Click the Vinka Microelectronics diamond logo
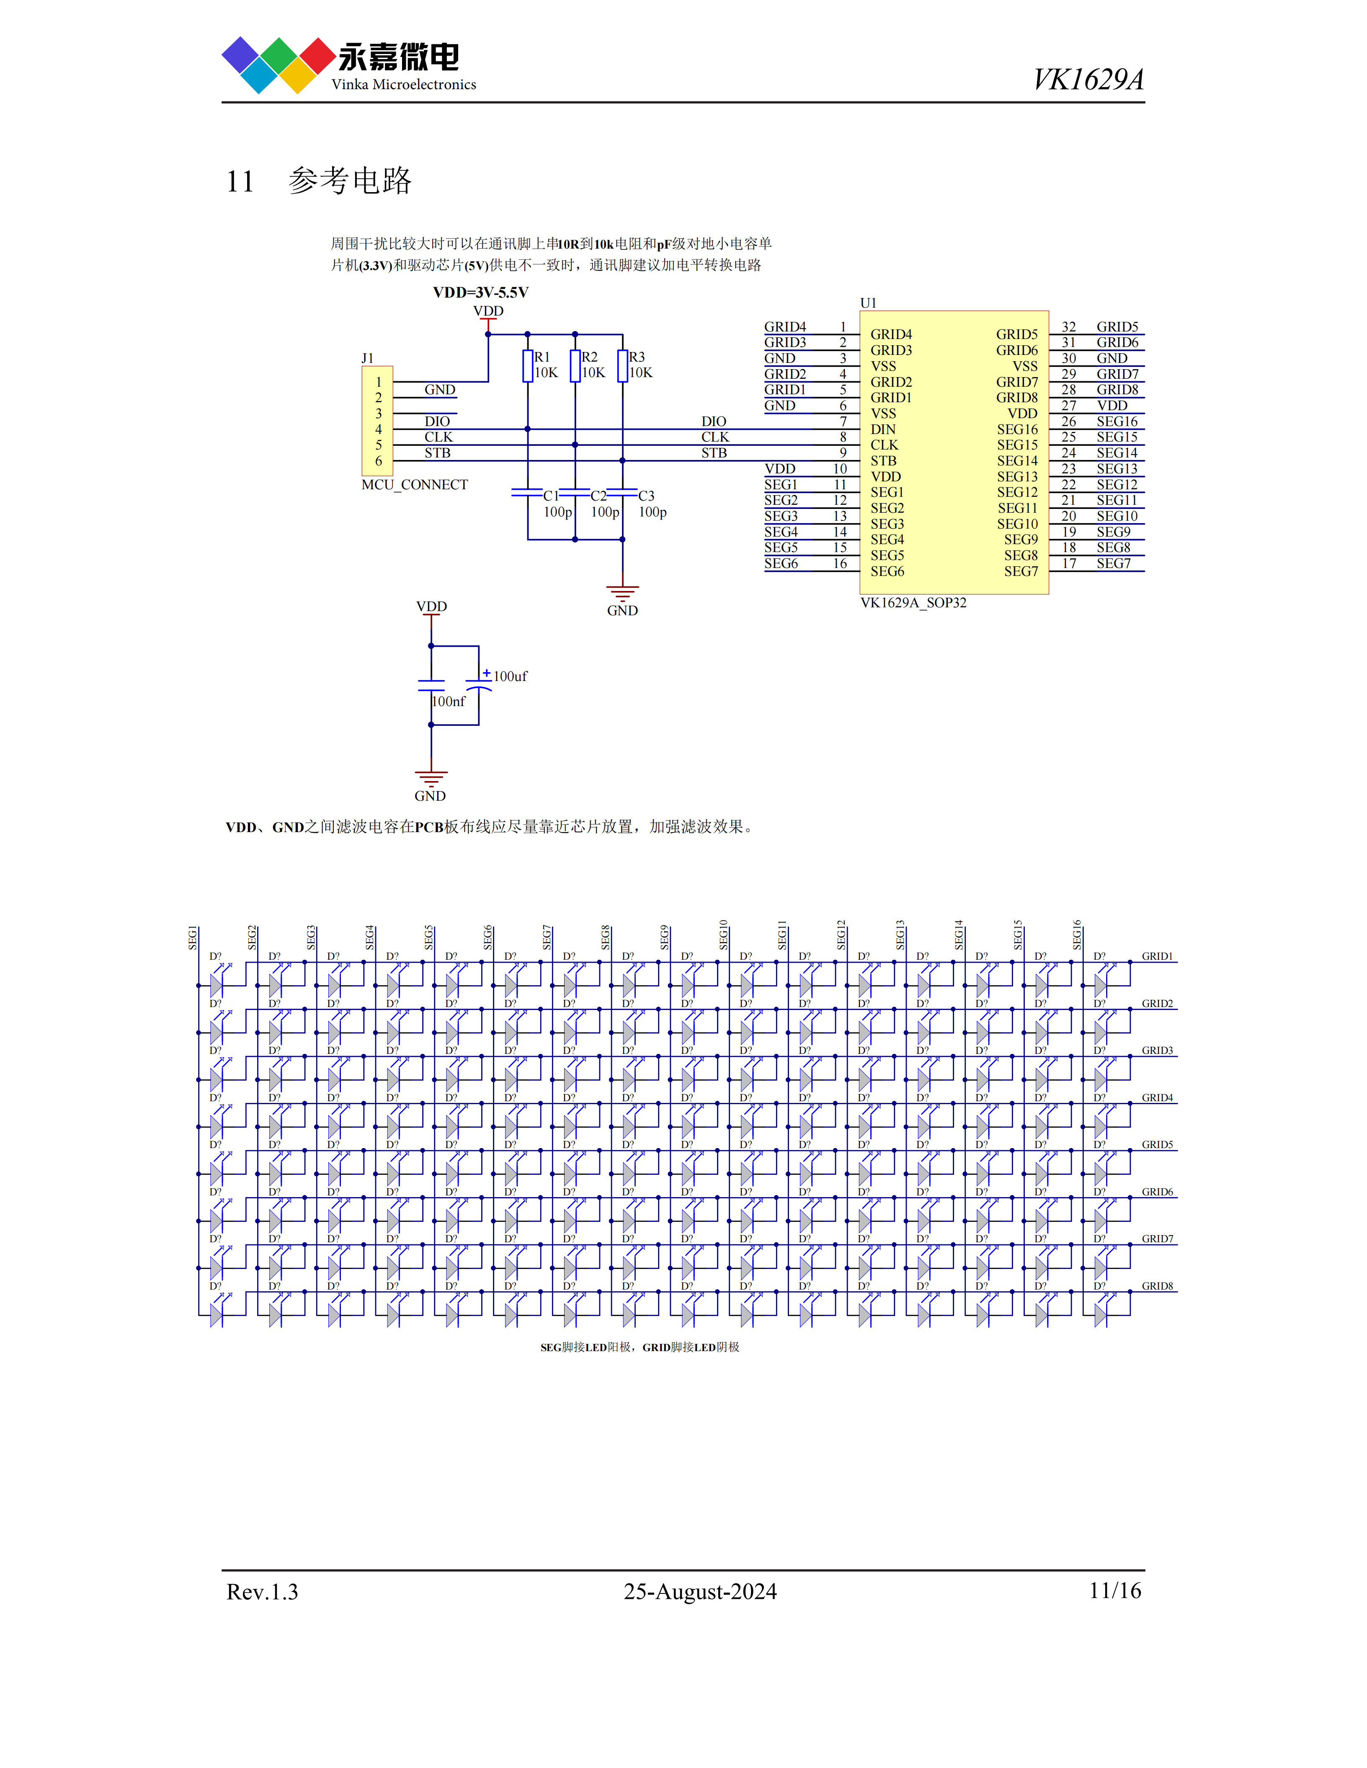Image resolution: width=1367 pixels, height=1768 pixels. point(279,65)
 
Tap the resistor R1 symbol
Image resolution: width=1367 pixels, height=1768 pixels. point(527,365)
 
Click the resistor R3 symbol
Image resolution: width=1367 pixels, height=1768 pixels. point(622,365)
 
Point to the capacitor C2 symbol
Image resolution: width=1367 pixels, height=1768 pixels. point(575,492)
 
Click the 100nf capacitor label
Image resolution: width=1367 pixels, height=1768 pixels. point(449,701)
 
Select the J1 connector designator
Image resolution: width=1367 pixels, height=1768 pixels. point(368,358)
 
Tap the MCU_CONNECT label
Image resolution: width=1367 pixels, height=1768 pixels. point(415,485)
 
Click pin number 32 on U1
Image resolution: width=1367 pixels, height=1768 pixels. point(1069,327)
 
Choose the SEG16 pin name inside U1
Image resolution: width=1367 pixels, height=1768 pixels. point(1017,429)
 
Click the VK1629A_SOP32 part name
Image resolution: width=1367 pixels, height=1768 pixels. point(913,602)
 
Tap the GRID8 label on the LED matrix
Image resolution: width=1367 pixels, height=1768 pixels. point(1157,1285)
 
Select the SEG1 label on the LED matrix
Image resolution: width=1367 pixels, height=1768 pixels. point(193,938)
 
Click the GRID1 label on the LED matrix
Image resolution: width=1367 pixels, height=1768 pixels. point(1157,956)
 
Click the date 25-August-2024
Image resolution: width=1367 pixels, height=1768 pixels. point(700,1591)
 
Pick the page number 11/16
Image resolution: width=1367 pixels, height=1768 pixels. point(1115,1591)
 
